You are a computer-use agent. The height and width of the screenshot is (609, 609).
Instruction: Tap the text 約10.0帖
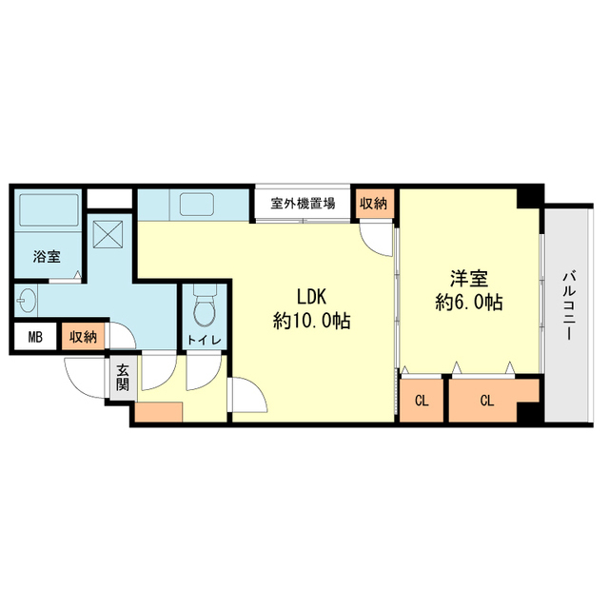[312, 322]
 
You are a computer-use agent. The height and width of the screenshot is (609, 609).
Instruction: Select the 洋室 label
[469, 279]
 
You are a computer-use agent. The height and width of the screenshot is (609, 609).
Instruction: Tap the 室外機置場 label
[303, 204]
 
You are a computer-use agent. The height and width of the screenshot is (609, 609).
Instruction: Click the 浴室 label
[46, 255]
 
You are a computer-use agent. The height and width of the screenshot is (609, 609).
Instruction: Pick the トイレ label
[204, 339]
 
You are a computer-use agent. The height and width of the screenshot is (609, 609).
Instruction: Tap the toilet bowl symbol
[203, 307]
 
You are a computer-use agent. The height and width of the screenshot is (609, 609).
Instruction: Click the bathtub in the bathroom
[48, 217]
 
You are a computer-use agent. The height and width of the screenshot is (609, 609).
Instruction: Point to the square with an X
[108, 232]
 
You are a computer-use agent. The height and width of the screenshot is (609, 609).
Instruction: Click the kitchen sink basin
[196, 205]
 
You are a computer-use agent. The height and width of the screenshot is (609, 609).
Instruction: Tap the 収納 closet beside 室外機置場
[373, 204]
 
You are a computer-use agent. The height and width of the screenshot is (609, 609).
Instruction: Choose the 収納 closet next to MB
[83, 337]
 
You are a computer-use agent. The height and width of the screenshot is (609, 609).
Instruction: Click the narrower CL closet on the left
[422, 400]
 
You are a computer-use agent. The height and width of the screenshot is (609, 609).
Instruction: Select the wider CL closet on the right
[486, 400]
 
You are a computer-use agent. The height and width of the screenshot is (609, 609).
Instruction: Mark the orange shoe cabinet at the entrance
[159, 413]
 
